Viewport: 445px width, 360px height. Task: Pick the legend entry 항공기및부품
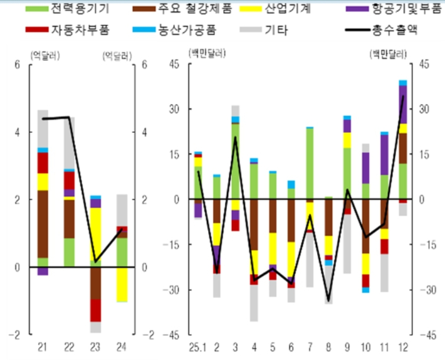click(x=404, y=9)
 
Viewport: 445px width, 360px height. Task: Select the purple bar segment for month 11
click(x=384, y=154)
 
